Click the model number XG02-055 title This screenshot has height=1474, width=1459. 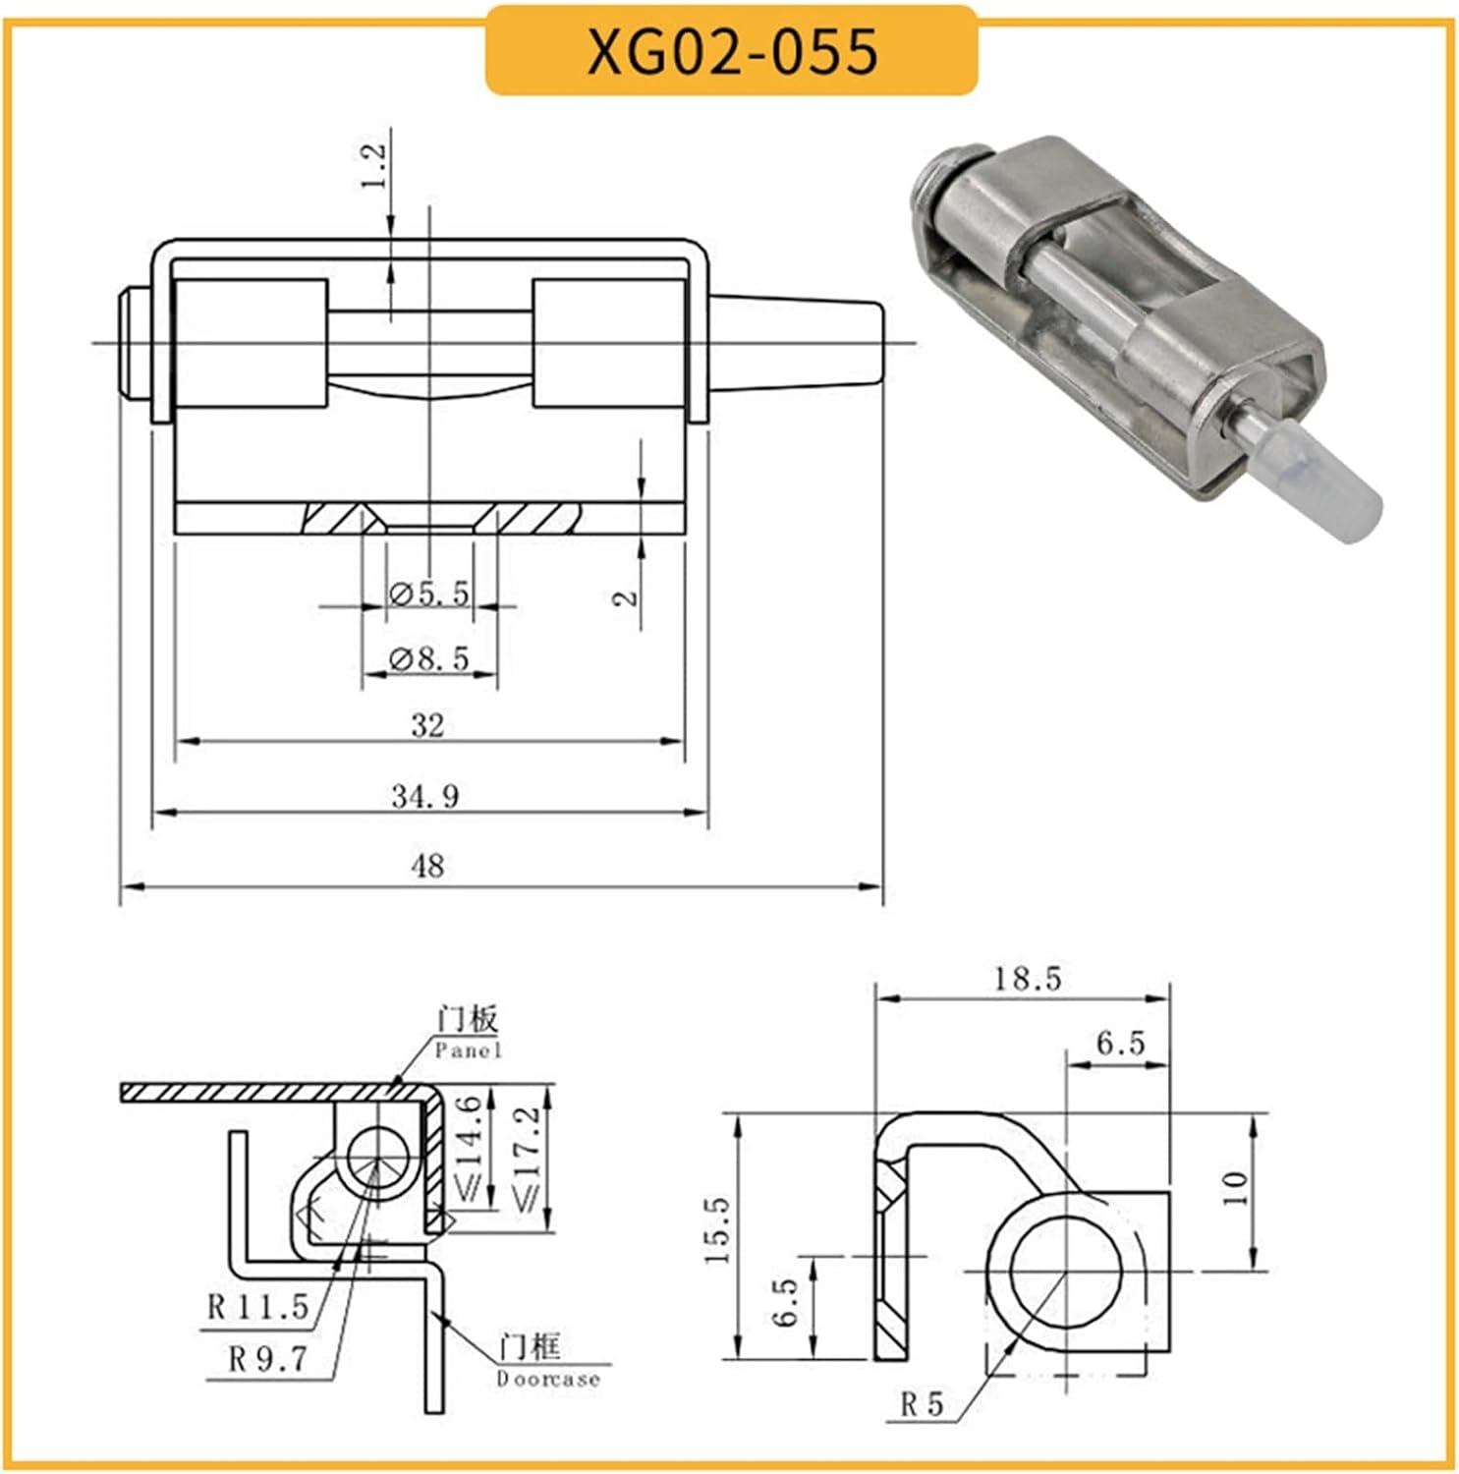[732, 50]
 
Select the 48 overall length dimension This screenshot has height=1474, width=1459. [427, 866]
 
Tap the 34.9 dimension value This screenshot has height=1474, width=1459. [425, 795]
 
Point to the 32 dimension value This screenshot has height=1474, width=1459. [427, 725]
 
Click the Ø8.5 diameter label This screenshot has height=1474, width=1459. [429, 657]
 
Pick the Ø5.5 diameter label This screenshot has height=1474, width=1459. [429, 594]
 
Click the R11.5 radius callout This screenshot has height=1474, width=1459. [257, 1307]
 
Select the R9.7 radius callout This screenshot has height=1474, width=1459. [267, 1359]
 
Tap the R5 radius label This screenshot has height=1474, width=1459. [922, 1405]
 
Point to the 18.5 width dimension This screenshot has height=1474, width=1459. [1026, 979]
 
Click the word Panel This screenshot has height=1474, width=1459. [469, 1050]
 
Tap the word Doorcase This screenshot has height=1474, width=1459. [547, 1379]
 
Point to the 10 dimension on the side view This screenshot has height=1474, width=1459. [1235, 1188]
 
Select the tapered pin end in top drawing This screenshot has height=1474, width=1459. [796, 344]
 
